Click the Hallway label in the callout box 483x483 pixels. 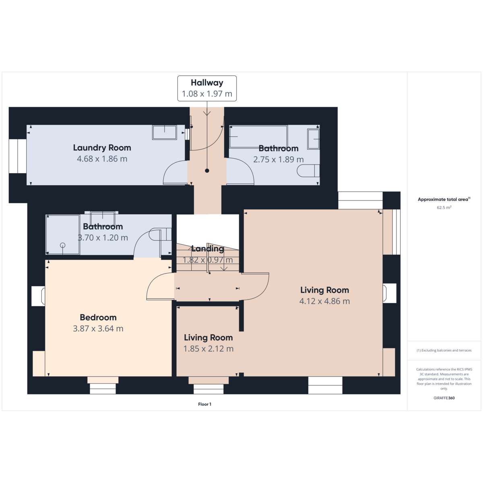(x=207, y=83)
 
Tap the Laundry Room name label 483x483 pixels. (x=102, y=147)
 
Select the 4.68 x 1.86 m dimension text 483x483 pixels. (x=102, y=159)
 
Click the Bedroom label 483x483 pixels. (x=98, y=317)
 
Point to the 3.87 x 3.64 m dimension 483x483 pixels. (x=98, y=328)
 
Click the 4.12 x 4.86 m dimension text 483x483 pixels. (x=324, y=301)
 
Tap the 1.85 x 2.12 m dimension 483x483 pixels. (x=208, y=349)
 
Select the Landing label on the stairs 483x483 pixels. (x=208, y=249)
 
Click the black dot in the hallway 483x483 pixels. (x=207, y=171)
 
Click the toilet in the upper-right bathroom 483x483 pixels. (x=308, y=171)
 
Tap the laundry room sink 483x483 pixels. (x=165, y=132)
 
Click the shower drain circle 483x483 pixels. (x=63, y=245)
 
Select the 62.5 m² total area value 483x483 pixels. (x=444, y=207)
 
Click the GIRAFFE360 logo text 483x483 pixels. (x=444, y=398)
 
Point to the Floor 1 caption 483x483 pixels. (x=204, y=404)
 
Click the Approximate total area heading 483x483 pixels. (x=444, y=199)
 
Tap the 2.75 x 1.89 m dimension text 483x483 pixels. (x=278, y=159)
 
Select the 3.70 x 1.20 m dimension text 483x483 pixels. (x=103, y=237)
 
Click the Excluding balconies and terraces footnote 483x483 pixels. (x=444, y=350)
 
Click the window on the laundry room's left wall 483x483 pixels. (x=18, y=156)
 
